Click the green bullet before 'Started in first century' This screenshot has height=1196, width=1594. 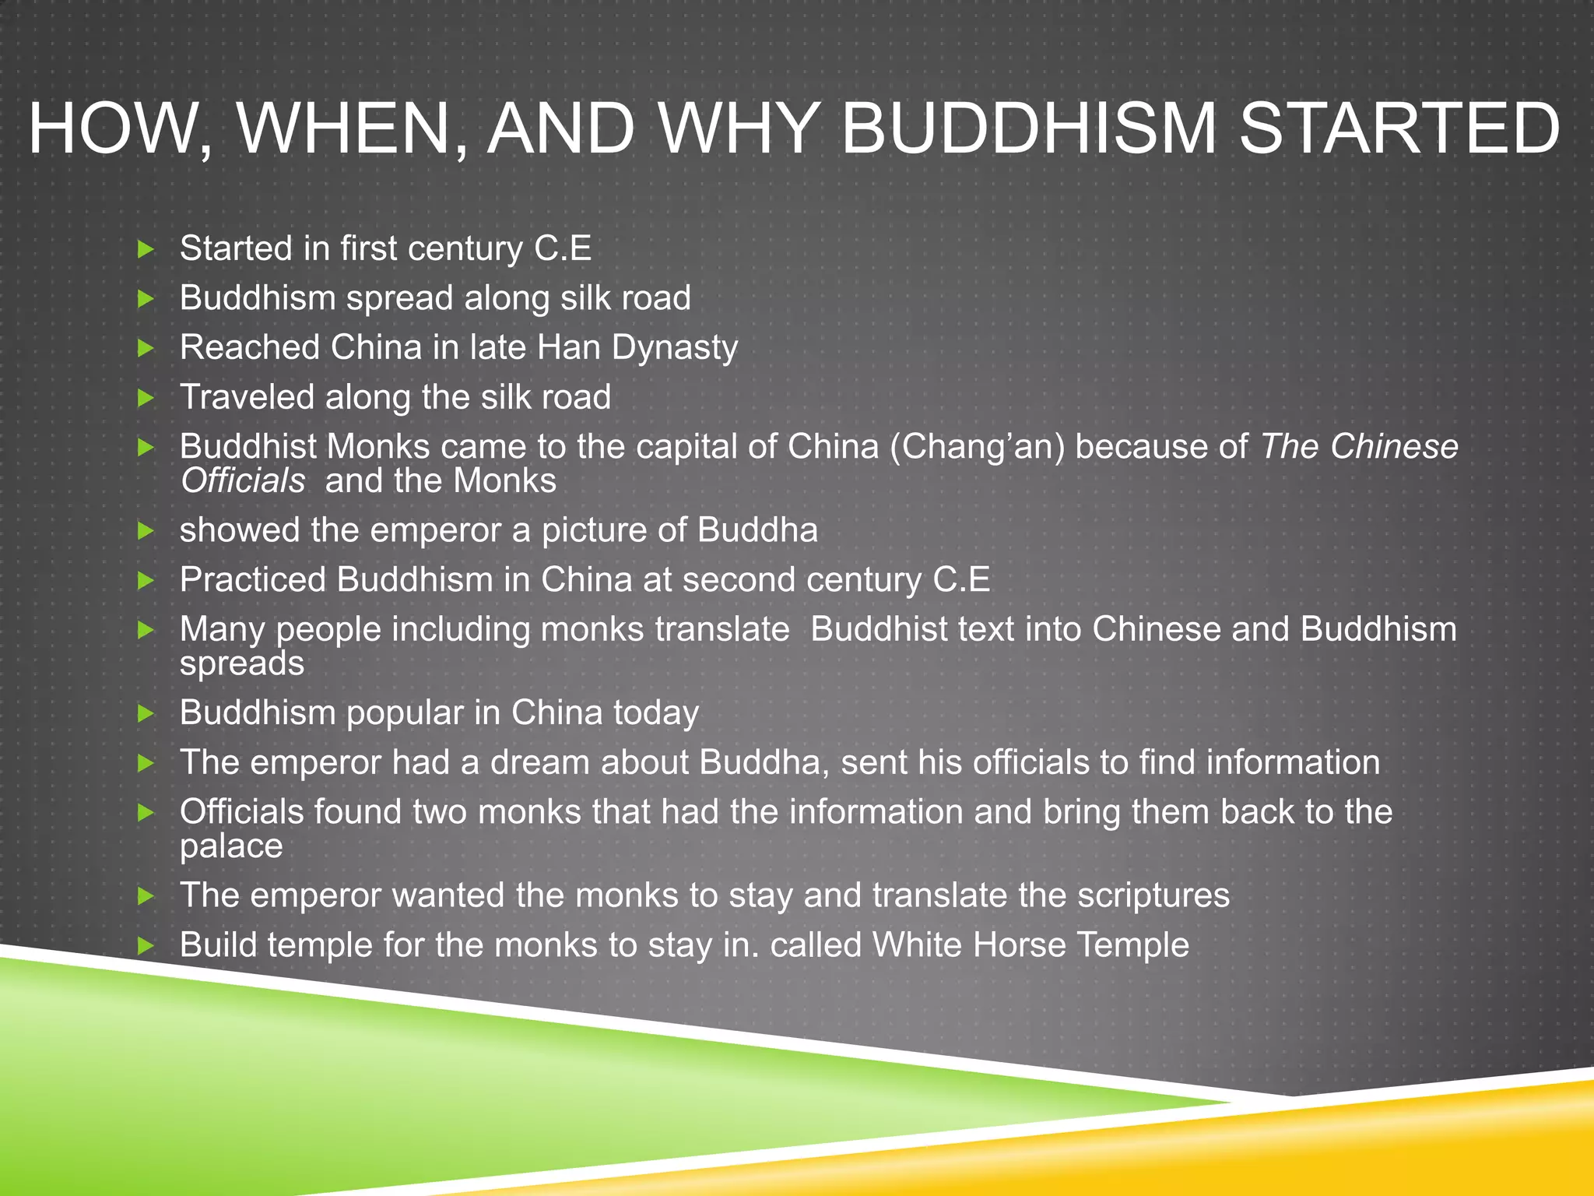[146, 249]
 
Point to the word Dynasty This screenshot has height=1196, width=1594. [674, 347]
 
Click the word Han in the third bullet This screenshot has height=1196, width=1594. [568, 347]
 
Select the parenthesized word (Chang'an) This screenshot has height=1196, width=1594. [977, 447]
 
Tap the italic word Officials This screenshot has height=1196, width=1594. [243, 480]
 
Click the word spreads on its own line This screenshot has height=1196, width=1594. [242, 664]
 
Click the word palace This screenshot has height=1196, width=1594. [231, 846]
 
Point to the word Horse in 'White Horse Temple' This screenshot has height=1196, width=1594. [1020, 945]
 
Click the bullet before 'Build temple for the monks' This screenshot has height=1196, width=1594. [146, 946]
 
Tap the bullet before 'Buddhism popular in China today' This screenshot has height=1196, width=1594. [146, 713]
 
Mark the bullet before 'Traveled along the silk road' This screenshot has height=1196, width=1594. [146, 398]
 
